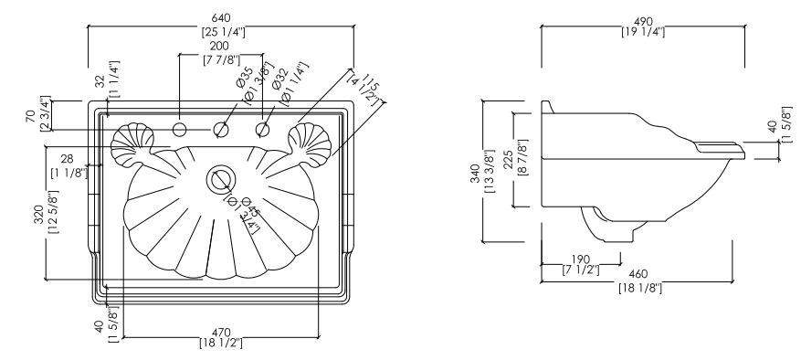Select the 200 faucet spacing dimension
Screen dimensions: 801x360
(x=221, y=53)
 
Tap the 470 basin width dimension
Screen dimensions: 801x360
(x=221, y=337)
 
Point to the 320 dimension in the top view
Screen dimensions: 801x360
(x=46, y=212)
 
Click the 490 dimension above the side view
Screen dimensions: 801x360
(x=643, y=26)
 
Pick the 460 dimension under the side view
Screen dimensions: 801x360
(x=640, y=281)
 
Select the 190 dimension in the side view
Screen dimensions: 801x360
(x=580, y=264)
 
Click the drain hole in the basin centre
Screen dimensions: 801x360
(x=221, y=179)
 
